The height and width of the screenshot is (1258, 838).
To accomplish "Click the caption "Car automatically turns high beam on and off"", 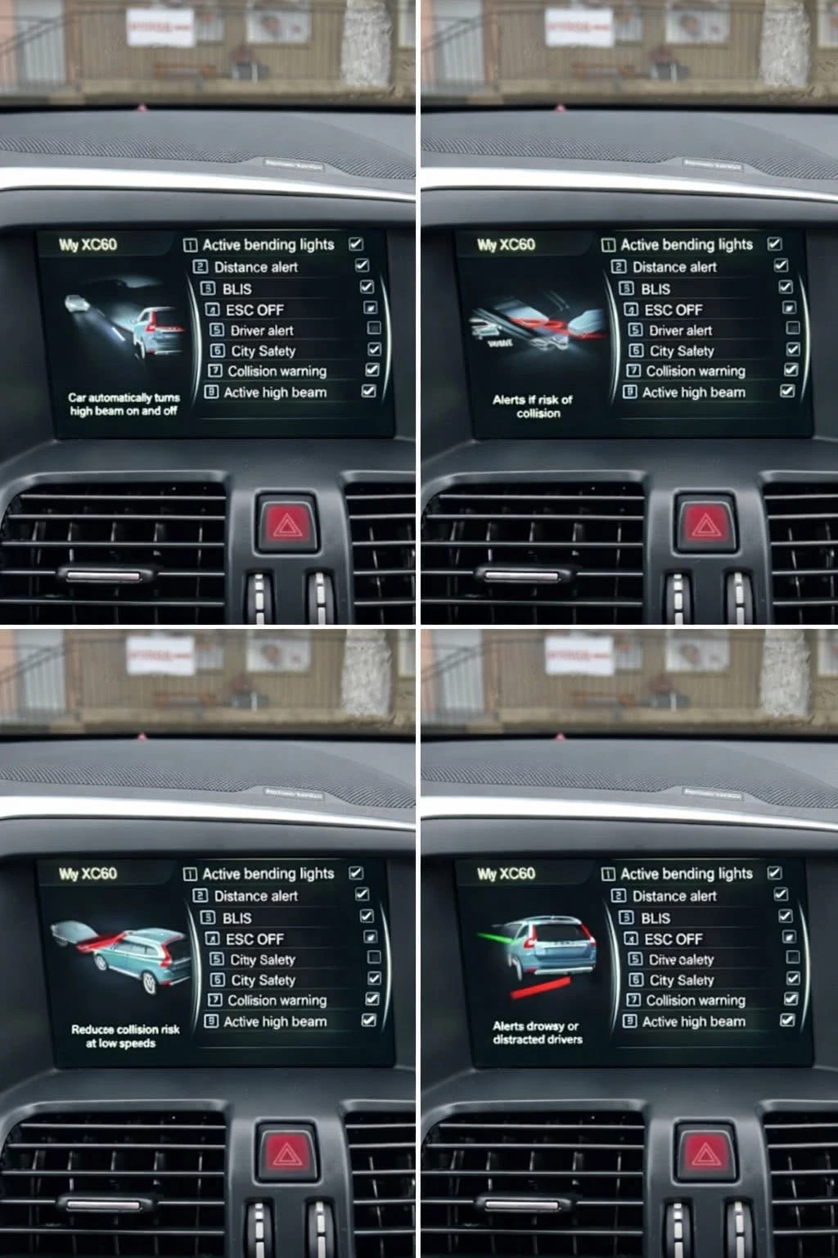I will coord(124,404).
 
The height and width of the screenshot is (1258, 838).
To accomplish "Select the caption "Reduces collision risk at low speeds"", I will coord(124,1036).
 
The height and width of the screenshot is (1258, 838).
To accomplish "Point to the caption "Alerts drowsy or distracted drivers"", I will coord(538,1032).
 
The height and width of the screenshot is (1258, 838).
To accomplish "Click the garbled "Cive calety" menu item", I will coord(681,959).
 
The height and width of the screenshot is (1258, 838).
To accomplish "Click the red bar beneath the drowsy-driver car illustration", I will coord(539,987).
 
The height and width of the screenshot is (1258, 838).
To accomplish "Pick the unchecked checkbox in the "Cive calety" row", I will coord(791,957).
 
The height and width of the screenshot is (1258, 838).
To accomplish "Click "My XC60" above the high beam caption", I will coord(88,245).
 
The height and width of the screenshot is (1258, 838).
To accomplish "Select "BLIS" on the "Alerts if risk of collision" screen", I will coord(655,289).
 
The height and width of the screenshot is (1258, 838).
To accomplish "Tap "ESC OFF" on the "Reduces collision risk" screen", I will coord(255,939).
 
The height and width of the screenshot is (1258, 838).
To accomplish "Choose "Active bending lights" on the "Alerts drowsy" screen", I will coord(686,874).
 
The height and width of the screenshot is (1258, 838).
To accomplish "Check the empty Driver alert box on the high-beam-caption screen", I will coord(374,328).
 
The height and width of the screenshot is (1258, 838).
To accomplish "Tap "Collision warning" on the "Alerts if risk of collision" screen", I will coord(695,371).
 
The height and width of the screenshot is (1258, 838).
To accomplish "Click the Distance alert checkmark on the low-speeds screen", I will coord(362,894).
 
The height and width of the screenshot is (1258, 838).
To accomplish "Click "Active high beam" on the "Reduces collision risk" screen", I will coord(275,1021).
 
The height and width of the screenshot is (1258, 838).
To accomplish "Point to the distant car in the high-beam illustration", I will coord(78,304).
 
